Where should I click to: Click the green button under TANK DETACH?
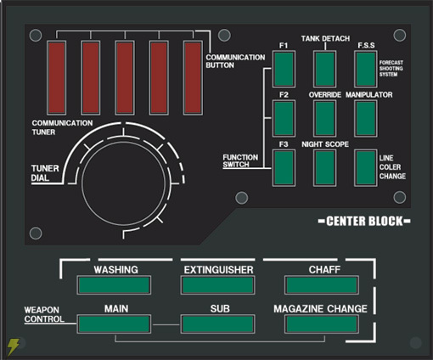pyautogui.click(x=325, y=69)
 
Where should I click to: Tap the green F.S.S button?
pyautogui.click(x=366, y=69)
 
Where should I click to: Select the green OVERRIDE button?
pyautogui.click(x=325, y=118)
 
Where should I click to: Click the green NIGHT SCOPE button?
pyautogui.click(x=325, y=168)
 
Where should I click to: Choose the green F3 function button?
pyautogui.click(x=284, y=168)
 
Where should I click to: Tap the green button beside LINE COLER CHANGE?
pyautogui.click(x=366, y=168)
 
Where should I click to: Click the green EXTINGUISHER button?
pyautogui.click(x=217, y=285)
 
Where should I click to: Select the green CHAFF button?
pyautogui.click(x=322, y=285)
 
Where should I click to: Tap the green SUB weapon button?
pyautogui.click(x=217, y=323)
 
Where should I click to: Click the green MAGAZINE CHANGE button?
pyautogui.click(x=322, y=323)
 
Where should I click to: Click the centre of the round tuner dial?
pyautogui.click(x=123, y=183)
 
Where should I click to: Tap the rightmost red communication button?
pyautogui.click(x=193, y=78)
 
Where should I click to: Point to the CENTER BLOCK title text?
pyautogui.click(x=364, y=222)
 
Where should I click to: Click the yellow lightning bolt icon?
pyautogui.click(x=13, y=346)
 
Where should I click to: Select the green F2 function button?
pyautogui.click(x=284, y=118)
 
